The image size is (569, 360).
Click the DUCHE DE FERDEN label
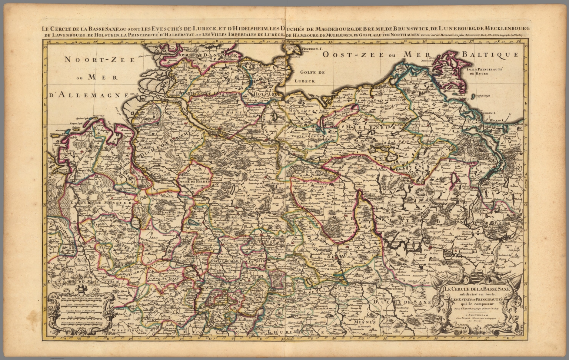(194, 182)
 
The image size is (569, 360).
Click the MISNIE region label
(362, 322)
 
